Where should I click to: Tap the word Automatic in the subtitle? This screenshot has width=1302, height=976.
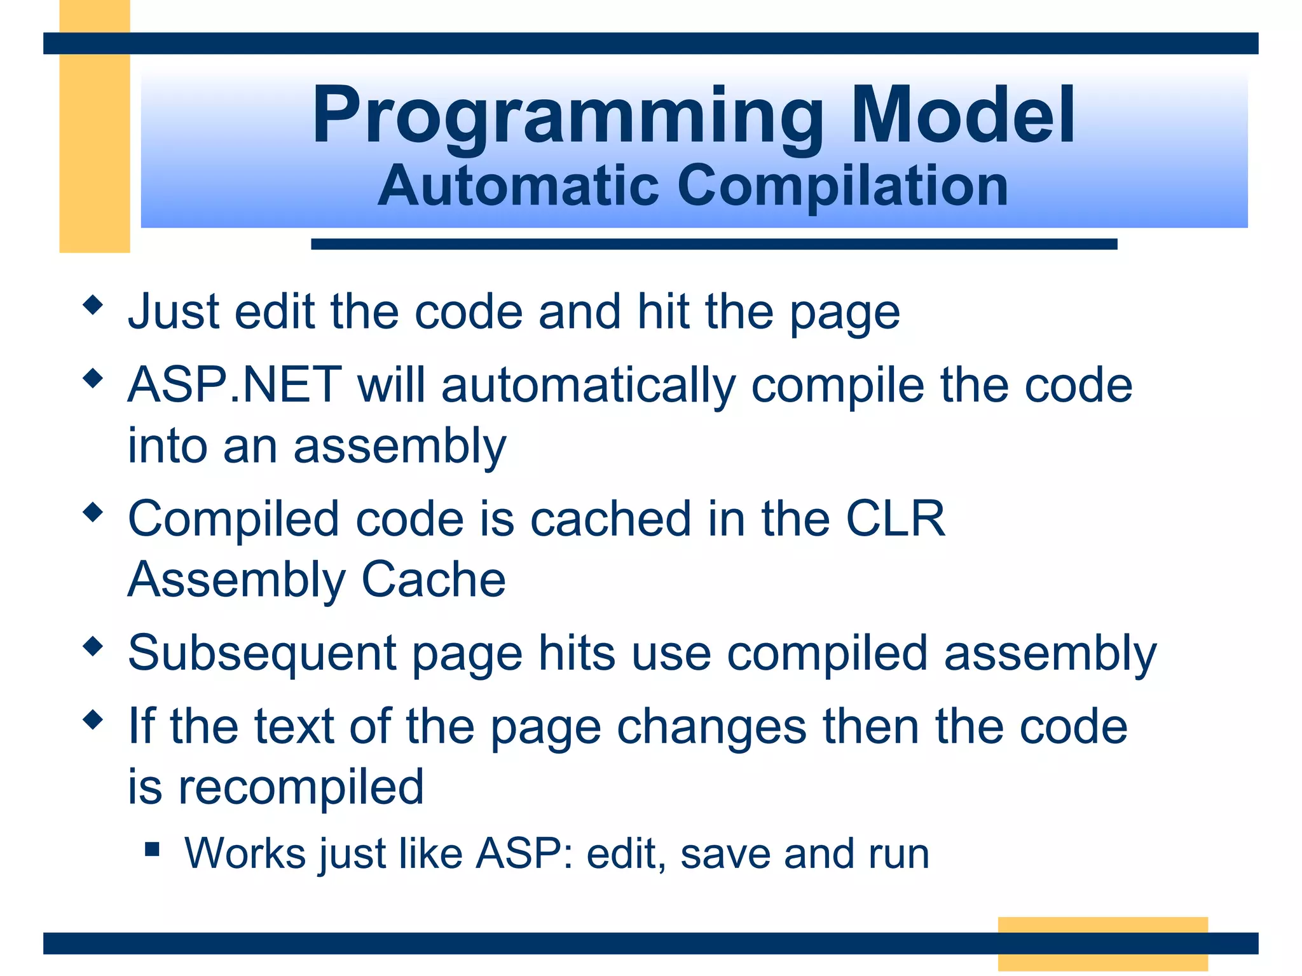[x=518, y=186]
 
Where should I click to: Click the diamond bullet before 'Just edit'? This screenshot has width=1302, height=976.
[x=93, y=305]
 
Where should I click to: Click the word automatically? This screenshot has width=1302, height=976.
[x=588, y=386]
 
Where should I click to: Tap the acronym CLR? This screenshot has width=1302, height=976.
[x=894, y=518]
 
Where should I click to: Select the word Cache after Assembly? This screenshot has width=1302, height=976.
[x=434, y=579]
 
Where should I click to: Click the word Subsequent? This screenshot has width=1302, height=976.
[x=262, y=653]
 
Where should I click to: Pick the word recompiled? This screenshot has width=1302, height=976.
[x=301, y=787]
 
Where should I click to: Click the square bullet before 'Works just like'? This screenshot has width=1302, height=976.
[x=152, y=849]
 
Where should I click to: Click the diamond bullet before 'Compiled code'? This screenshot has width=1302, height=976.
[x=93, y=512]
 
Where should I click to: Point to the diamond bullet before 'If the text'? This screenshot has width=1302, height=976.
[x=93, y=720]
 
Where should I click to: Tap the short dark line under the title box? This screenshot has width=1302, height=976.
[x=713, y=244]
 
